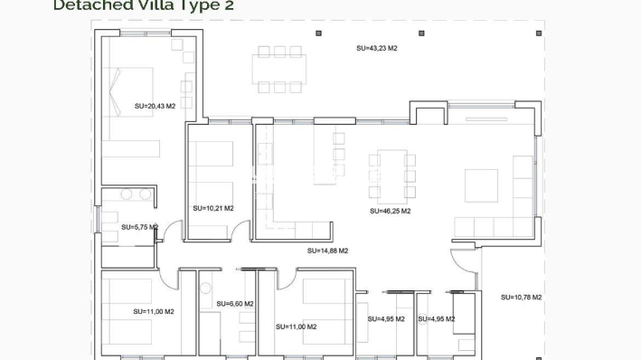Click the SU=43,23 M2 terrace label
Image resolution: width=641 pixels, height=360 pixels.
coord(377,48)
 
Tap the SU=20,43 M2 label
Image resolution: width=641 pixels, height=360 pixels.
coord(155,106)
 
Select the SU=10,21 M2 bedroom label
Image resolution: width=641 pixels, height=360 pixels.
coord(213,208)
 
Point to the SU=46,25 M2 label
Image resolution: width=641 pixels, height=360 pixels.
coord(390,211)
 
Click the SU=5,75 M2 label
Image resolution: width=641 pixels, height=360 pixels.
coord(140,227)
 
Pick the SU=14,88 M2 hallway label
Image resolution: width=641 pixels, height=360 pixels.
coord(327,251)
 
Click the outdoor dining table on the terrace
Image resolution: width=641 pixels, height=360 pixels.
coord(279,69)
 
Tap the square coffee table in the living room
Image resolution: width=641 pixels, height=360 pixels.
coord(481,185)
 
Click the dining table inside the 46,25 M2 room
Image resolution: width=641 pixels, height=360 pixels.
coord(391,173)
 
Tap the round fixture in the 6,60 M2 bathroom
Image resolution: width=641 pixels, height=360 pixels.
coord(205,289)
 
